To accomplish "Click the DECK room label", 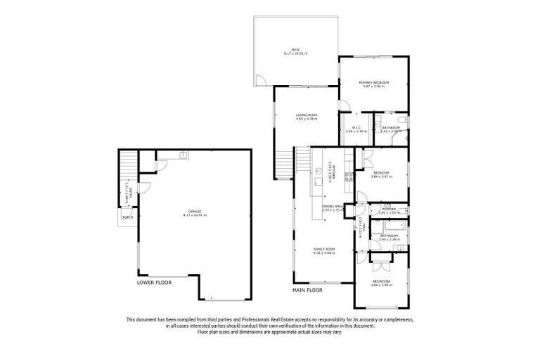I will pyautogui.click(x=296, y=49).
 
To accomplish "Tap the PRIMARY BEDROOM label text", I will pyautogui.click(x=373, y=83).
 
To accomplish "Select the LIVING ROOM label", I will pyautogui.click(x=307, y=115).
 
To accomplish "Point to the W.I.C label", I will pyautogui.click(x=356, y=127).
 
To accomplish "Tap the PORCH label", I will pyautogui.click(x=128, y=217).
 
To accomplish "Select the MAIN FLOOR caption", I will pyautogui.click(x=307, y=289).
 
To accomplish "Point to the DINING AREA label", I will pyautogui.click(x=332, y=206).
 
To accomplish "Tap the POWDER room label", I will pyautogui.click(x=388, y=208).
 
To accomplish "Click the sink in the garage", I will pyautogui.click(x=183, y=155).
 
